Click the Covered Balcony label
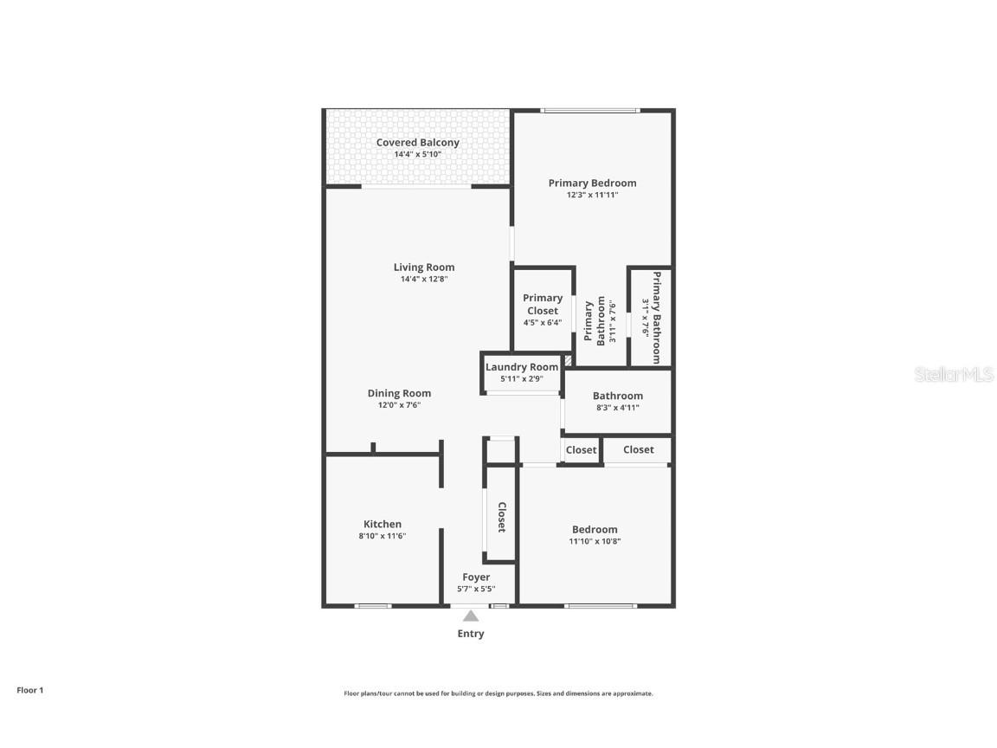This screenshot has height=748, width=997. [417, 143]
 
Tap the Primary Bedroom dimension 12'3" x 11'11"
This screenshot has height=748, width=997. [592, 195]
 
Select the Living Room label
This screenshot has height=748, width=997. [423, 268]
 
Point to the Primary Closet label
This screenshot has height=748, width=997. [543, 304]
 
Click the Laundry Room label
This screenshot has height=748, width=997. [521, 367]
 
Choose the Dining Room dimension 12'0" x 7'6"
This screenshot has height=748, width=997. [399, 405]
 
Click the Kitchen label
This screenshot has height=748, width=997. [382, 524]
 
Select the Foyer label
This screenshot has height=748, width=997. [476, 577]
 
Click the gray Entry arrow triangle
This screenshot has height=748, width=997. [470, 616]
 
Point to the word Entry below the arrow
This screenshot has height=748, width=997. [470, 634]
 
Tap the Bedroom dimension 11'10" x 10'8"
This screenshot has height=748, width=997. [595, 541]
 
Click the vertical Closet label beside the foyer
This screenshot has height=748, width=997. [501, 517]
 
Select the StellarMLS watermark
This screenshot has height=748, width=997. [955, 374]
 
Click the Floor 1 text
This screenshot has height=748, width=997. [29, 690]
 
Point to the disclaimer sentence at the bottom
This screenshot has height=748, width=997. [498, 693]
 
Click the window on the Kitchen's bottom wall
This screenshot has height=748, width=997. [373, 605]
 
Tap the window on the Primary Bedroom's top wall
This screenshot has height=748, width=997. [590, 110]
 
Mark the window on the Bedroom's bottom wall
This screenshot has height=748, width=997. [601, 605]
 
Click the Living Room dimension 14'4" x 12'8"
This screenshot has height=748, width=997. [423, 279]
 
